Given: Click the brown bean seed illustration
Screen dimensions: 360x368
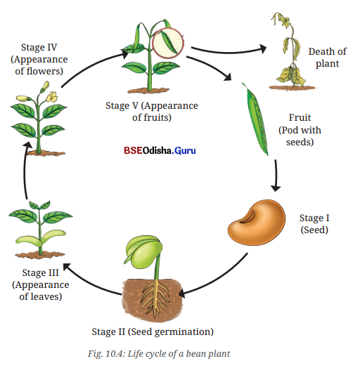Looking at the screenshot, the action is (x=257, y=223).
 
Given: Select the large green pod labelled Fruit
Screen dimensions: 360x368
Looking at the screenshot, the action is (x=255, y=119).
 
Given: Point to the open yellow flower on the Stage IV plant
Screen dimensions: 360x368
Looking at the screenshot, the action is (x=52, y=97).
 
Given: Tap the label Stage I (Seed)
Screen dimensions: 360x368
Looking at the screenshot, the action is (x=314, y=224).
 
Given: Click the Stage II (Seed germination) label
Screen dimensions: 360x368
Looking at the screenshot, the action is (x=153, y=332).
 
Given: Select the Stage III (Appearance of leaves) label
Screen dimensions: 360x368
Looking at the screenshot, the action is (x=40, y=284).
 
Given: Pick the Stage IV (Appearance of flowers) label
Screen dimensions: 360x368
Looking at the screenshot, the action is (x=39, y=59).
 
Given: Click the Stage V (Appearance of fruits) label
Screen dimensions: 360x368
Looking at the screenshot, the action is (x=152, y=111).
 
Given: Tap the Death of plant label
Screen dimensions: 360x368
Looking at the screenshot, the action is (x=328, y=58).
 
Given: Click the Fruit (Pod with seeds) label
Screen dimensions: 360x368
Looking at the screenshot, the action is (x=300, y=130).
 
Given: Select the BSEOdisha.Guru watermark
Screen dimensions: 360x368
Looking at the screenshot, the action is (x=160, y=150).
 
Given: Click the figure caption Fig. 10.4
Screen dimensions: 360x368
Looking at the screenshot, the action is (x=159, y=353).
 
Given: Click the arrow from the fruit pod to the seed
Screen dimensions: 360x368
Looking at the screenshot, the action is (x=276, y=176).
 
